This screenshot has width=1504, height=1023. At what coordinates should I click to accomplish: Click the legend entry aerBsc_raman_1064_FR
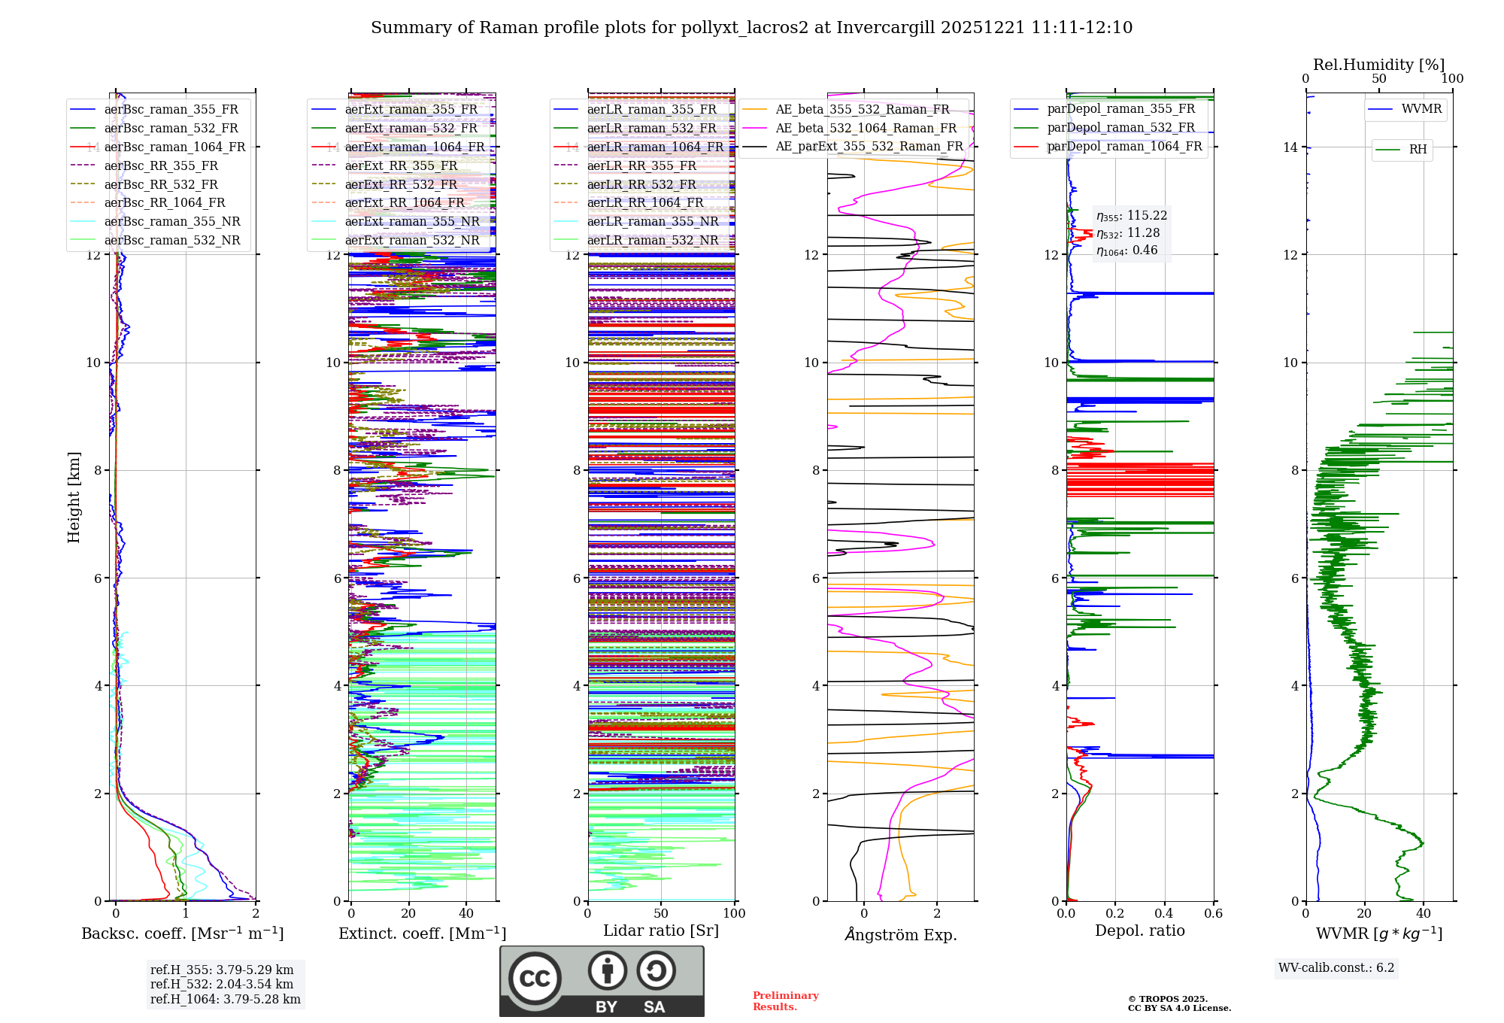coord(174,147)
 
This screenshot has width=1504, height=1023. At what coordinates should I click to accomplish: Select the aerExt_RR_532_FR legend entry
coord(401,184)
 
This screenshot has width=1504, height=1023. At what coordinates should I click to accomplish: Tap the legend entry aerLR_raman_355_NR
coord(652,221)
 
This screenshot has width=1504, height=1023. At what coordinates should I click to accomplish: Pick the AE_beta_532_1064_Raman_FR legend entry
coord(866,128)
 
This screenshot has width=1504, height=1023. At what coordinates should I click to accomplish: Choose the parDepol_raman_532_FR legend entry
coord(1120,127)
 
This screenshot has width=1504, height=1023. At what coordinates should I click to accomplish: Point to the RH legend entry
coord(1418,150)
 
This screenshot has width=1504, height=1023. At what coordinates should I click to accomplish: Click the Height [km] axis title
coord(74,497)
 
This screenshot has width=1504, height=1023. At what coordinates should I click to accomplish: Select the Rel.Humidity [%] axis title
coord(1378,65)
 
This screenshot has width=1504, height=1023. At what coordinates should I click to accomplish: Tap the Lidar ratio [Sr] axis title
coord(661,930)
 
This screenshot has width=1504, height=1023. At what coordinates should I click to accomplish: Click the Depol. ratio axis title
coord(1139,930)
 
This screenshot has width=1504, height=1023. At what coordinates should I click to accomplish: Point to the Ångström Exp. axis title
coord(900,934)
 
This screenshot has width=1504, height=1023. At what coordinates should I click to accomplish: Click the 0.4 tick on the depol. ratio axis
coord(1164,913)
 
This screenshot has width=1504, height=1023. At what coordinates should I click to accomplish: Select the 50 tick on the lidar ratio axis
coord(661,913)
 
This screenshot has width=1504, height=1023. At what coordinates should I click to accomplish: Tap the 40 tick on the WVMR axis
coord(1424,913)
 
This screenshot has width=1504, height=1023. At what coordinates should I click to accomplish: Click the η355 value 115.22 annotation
coord(1132,216)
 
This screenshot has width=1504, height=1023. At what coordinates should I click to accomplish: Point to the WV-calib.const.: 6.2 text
coord(1336,967)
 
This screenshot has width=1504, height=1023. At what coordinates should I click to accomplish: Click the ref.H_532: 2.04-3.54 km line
coord(222,984)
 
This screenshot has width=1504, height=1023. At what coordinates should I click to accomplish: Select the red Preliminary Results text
coord(785,1001)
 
